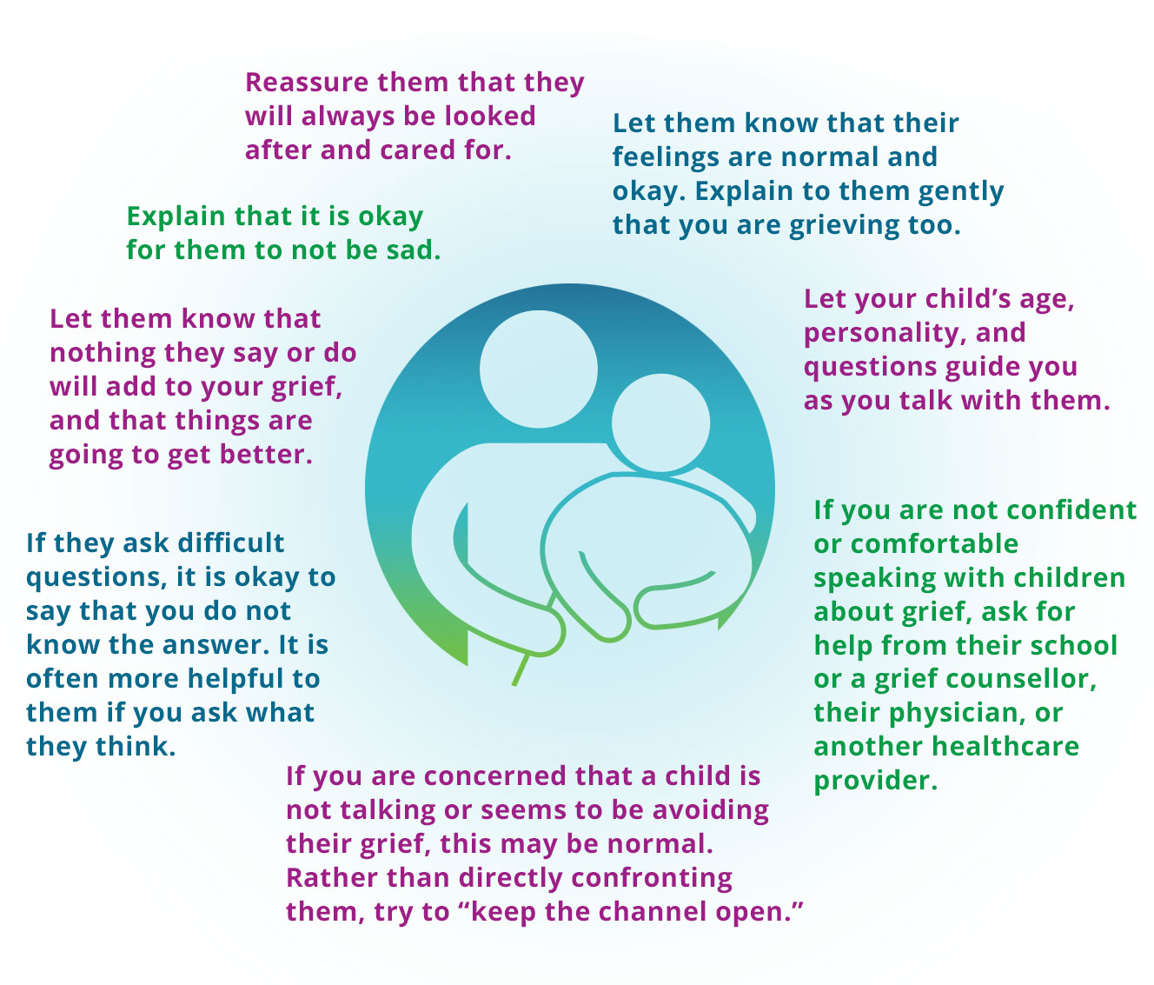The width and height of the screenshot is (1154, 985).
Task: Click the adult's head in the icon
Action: pos(538,364)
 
